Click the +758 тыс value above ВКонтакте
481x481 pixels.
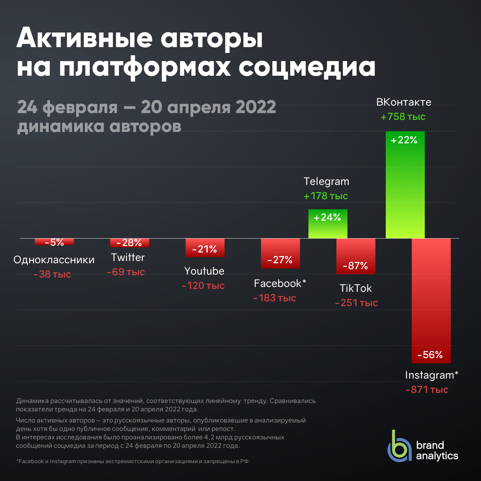click(403, 117)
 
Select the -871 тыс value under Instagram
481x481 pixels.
click(427, 389)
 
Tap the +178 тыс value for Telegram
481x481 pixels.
click(326, 196)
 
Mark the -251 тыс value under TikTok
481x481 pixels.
click(357, 303)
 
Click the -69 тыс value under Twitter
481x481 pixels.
click(126, 272)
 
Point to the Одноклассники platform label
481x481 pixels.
click(54, 260)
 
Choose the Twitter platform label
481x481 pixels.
click(128, 257)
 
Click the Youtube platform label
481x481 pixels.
click(204, 271)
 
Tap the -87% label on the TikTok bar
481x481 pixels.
click(355, 266)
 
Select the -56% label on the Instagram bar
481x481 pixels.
click(430, 355)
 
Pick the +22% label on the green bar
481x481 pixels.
click(404, 140)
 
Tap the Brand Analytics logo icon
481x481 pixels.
click(399, 447)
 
